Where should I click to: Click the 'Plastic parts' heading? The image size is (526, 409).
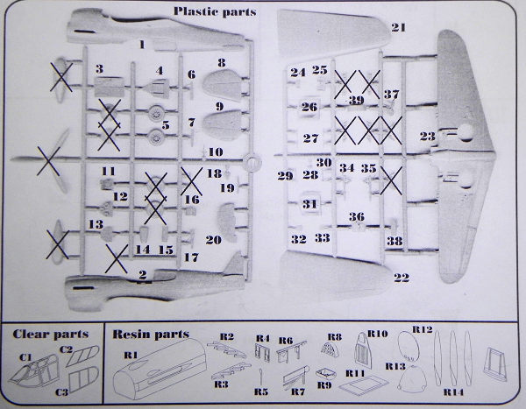pyautogui.click(x=215, y=12)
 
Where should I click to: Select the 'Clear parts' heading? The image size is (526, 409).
pyautogui.click(x=51, y=335)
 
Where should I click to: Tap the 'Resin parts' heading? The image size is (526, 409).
pyautogui.click(x=151, y=335)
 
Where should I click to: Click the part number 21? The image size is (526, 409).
pyautogui.click(x=399, y=27)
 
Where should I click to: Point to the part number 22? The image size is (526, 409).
pyautogui.click(x=402, y=278)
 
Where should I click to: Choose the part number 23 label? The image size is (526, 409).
pyautogui.click(x=428, y=136)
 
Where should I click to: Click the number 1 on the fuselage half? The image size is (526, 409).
pyautogui.click(x=142, y=45)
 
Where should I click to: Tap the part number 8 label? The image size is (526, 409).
pyautogui.click(x=222, y=63)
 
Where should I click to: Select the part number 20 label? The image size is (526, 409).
pyautogui.click(x=214, y=240)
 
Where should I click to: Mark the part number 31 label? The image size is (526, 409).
pyautogui.click(x=309, y=204)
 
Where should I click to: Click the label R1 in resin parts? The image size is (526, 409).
pyautogui.click(x=131, y=355)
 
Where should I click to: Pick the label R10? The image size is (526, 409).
pyautogui.click(x=377, y=334)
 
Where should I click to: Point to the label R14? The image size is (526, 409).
pyautogui.click(x=453, y=391)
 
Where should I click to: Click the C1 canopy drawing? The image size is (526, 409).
pyautogui.click(x=34, y=370)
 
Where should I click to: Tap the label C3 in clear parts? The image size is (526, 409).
pyautogui.click(x=61, y=391)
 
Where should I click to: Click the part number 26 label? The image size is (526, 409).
pyautogui.click(x=309, y=107)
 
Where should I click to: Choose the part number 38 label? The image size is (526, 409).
pyautogui.click(x=394, y=241)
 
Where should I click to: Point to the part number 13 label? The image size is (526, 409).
pyautogui.click(x=96, y=224)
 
